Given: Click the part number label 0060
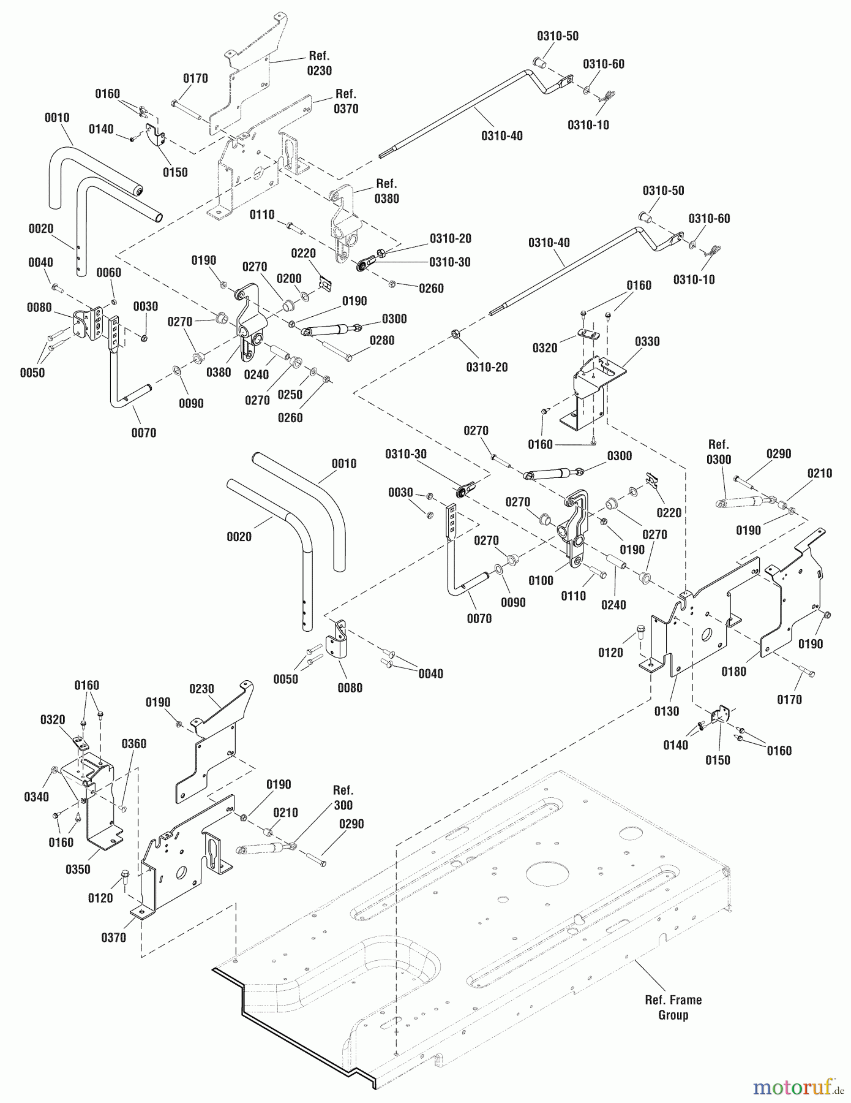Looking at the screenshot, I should pyautogui.click(x=108, y=272).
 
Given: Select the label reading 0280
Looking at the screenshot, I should pyautogui.click(x=382, y=340).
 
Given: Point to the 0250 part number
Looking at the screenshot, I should pyautogui.click(x=290, y=395).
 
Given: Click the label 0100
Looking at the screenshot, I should pyautogui.click(x=541, y=580).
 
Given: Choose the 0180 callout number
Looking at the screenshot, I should pyautogui.click(x=733, y=672).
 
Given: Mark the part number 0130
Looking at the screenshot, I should pyautogui.click(x=666, y=711).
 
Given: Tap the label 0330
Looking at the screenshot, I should pyautogui.click(x=647, y=341).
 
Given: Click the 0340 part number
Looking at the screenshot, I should pyautogui.click(x=36, y=797).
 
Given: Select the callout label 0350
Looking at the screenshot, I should pyautogui.click(x=78, y=869).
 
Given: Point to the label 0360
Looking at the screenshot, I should pyautogui.click(x=133, y=743).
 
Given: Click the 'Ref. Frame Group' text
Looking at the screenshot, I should pyautogui.click(x=673, y=1007).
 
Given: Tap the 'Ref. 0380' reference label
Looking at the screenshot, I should pyautogui.click(x=386, y=191).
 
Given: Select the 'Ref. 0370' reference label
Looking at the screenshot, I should pyautogui.click(x=346, y=101).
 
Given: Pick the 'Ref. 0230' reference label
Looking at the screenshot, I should pyautogui.click(x=319, y=63).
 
